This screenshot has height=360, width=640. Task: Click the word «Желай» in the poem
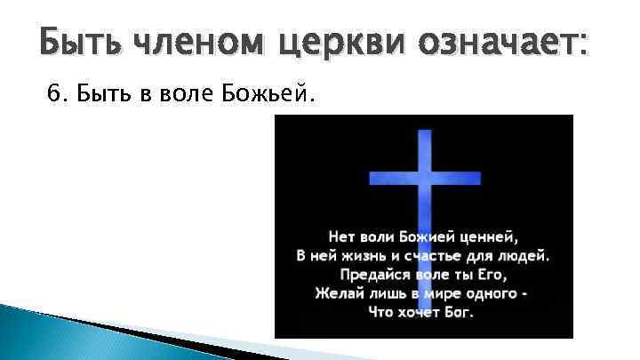tap(338, 293)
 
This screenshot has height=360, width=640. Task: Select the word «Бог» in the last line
tap(460, 313)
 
